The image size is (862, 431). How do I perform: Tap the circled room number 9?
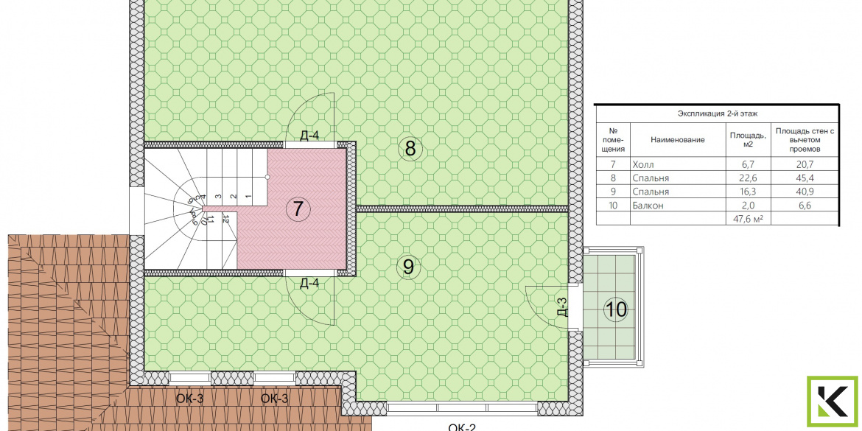(408, 267)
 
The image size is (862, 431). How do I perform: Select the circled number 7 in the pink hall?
(298, 209)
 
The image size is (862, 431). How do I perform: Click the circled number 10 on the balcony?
(616, 309)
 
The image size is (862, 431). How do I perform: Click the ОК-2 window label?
(462, 427)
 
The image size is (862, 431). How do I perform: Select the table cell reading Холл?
(644, 164)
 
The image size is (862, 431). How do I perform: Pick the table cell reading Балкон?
(648, 206)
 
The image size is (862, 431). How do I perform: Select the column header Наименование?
(677, 140)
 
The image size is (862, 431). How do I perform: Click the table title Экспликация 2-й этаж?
(718, 113)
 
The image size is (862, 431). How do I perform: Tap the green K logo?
(833, 402)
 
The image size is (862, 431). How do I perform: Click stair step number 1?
(248, 196)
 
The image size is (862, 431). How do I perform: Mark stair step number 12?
(226, 219)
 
